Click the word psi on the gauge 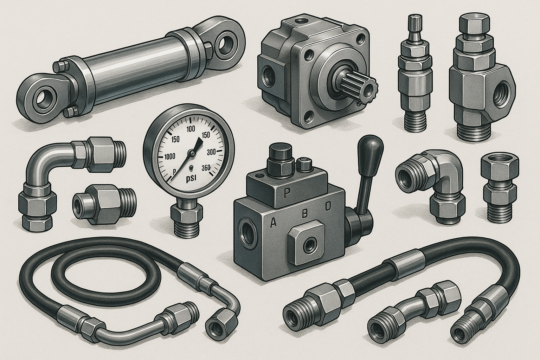(192, 178)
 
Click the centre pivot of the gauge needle (192, 153)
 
